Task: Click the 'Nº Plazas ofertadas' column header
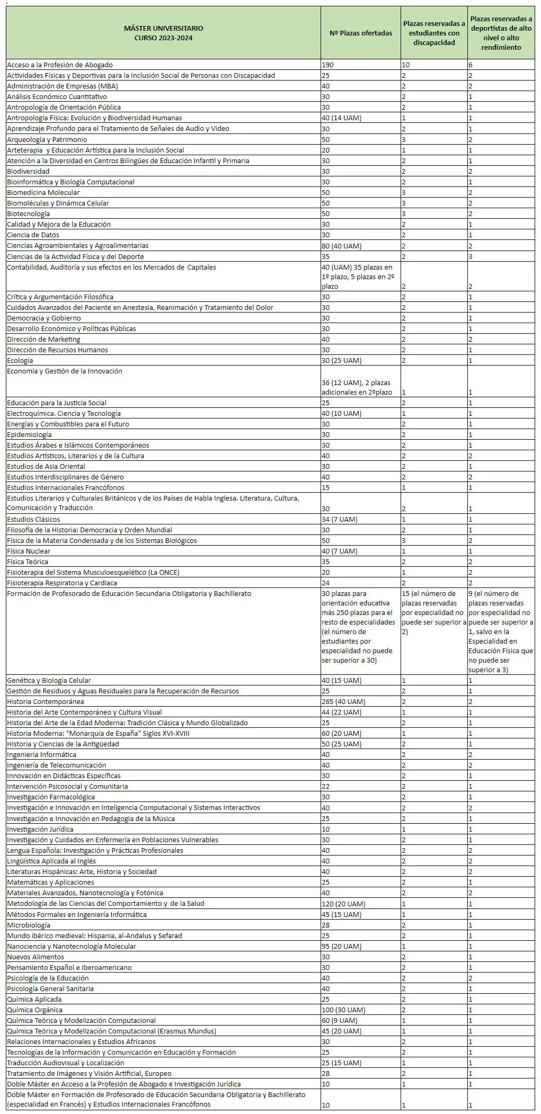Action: pyautogui.click(x=361, y=33)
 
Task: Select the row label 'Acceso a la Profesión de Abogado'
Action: pyautogui.click(x=60, y=65)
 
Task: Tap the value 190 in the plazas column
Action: pyautogui.click(x=328, y=65)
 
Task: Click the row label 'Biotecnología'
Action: pyautogui.click(x=28, y=213)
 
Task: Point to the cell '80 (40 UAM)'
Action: pyautogui.click(x=341, y=245)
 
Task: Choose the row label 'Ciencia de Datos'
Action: pyautogui.click(x=33, y=235)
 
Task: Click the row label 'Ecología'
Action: pyautogui.click(x=20, y=360)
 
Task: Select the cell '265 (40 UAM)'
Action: pyautogui.click(x=343, y=701)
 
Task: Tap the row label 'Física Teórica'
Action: pyautogui.click(x=28, y=562)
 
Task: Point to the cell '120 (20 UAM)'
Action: pyautogui.click(x=343, y=904)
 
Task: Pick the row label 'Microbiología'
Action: pyautogui.click(x=29, y=925)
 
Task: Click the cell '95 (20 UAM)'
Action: pyautogui.click(x=341, y=946)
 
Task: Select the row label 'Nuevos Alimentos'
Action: pyautogui.click(x=36, y=957)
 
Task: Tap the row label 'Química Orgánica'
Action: pyautogui.click(x=34, y=1010)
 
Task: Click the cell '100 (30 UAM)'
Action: pyautogui.click(x=343, y=1010)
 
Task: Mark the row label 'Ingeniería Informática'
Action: pyautogui.click(x=41, y=754)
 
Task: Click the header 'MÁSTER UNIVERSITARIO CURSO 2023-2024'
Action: pyautogui.click(x=163, y=33)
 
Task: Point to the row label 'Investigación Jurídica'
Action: pyautogui.click(x=40, y=829)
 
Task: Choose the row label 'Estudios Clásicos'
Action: pyautogui.click(x=33, y=519)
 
